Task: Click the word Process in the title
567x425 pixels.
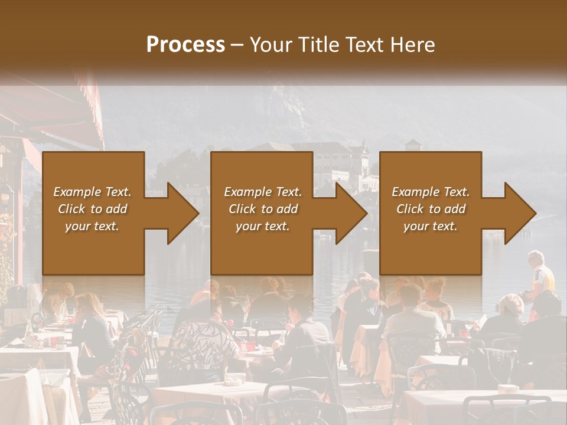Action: pos(185,45)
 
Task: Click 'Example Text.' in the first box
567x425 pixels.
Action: pos(92,192)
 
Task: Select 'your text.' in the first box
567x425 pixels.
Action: pos(92,226)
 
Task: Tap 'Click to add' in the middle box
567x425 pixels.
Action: pos(263,209)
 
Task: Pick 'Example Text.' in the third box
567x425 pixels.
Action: pos(431,192)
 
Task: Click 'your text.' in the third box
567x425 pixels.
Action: pos(431,226)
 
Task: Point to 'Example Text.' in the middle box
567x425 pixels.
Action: pos(263,192)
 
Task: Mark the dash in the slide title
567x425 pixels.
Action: pos(237,45)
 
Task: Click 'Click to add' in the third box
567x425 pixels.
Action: pos(431,209)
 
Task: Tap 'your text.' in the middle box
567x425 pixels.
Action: pos(263,226)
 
